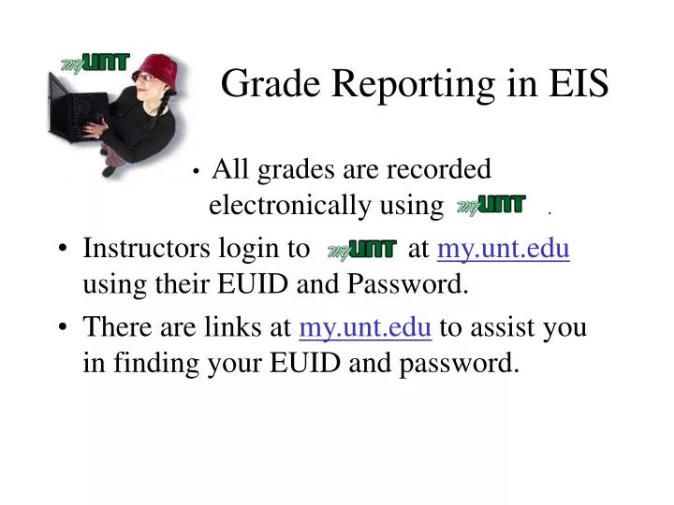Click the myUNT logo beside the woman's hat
point(95,64)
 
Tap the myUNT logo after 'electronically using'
point(491,205)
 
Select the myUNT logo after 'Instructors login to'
point(361,251)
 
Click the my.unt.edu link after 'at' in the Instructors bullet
point(504,250)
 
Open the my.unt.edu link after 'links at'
point(365,327)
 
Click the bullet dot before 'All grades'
point(197,171)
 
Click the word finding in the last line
point(152,362)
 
